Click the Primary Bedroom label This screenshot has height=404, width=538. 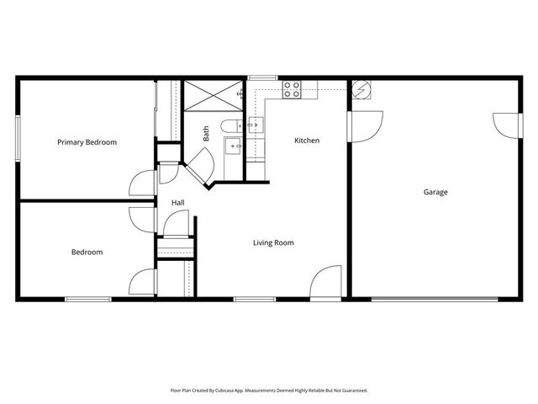point(87,142)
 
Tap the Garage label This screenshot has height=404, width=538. point(435,192)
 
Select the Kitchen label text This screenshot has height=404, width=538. point(306,141)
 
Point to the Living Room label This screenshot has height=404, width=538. point(273,242)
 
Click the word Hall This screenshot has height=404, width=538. point(177,203)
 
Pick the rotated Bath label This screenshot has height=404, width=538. point(206,133)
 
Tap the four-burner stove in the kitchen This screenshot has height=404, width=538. point(292,89)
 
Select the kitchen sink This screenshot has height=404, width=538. point(255,125)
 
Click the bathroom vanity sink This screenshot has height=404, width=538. point(234,146)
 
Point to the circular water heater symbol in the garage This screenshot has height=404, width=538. point(361,88)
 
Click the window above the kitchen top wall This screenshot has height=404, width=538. point(263,78)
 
